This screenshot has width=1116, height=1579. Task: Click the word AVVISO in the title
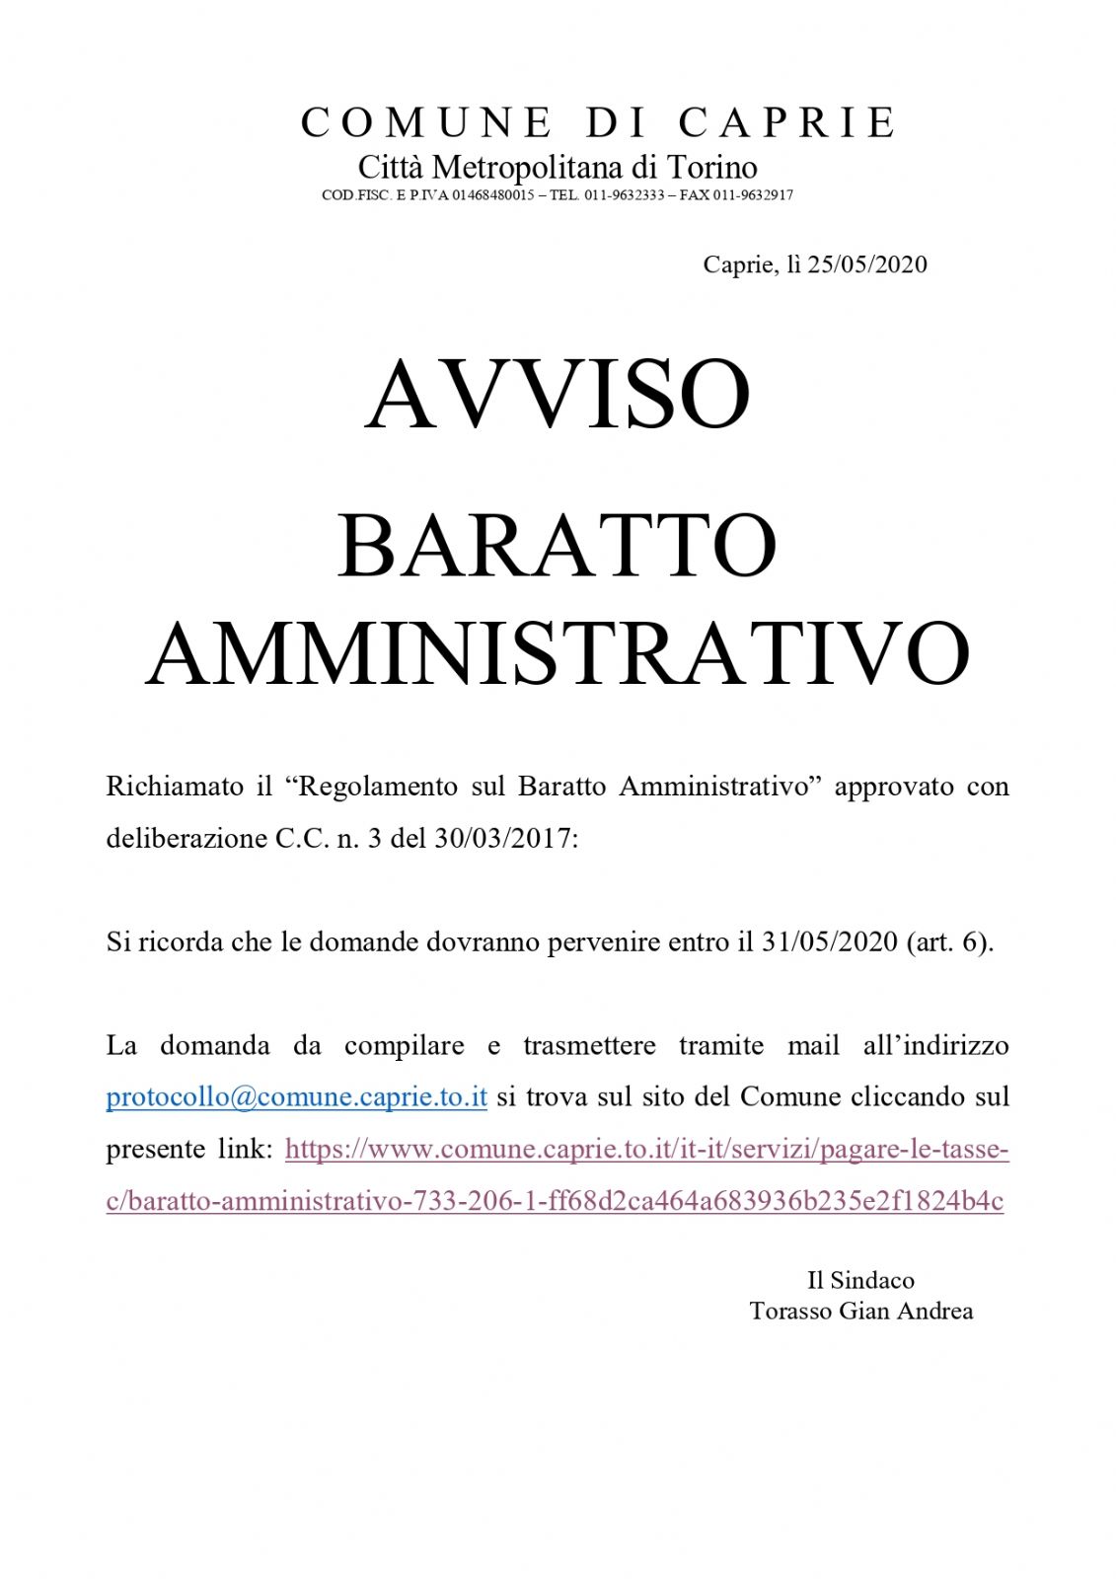558,395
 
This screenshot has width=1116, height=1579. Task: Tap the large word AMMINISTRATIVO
558,653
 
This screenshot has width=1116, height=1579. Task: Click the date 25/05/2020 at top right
867,264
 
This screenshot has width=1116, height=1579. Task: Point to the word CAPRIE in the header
786,123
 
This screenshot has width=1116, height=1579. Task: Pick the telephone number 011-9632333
624,195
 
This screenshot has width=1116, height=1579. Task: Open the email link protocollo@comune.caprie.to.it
296,1097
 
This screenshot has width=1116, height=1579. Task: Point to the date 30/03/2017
502,839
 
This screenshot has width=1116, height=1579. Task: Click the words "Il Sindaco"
860,1281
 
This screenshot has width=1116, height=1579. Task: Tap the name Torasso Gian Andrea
860,1312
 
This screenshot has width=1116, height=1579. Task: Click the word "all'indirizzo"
935,1045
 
